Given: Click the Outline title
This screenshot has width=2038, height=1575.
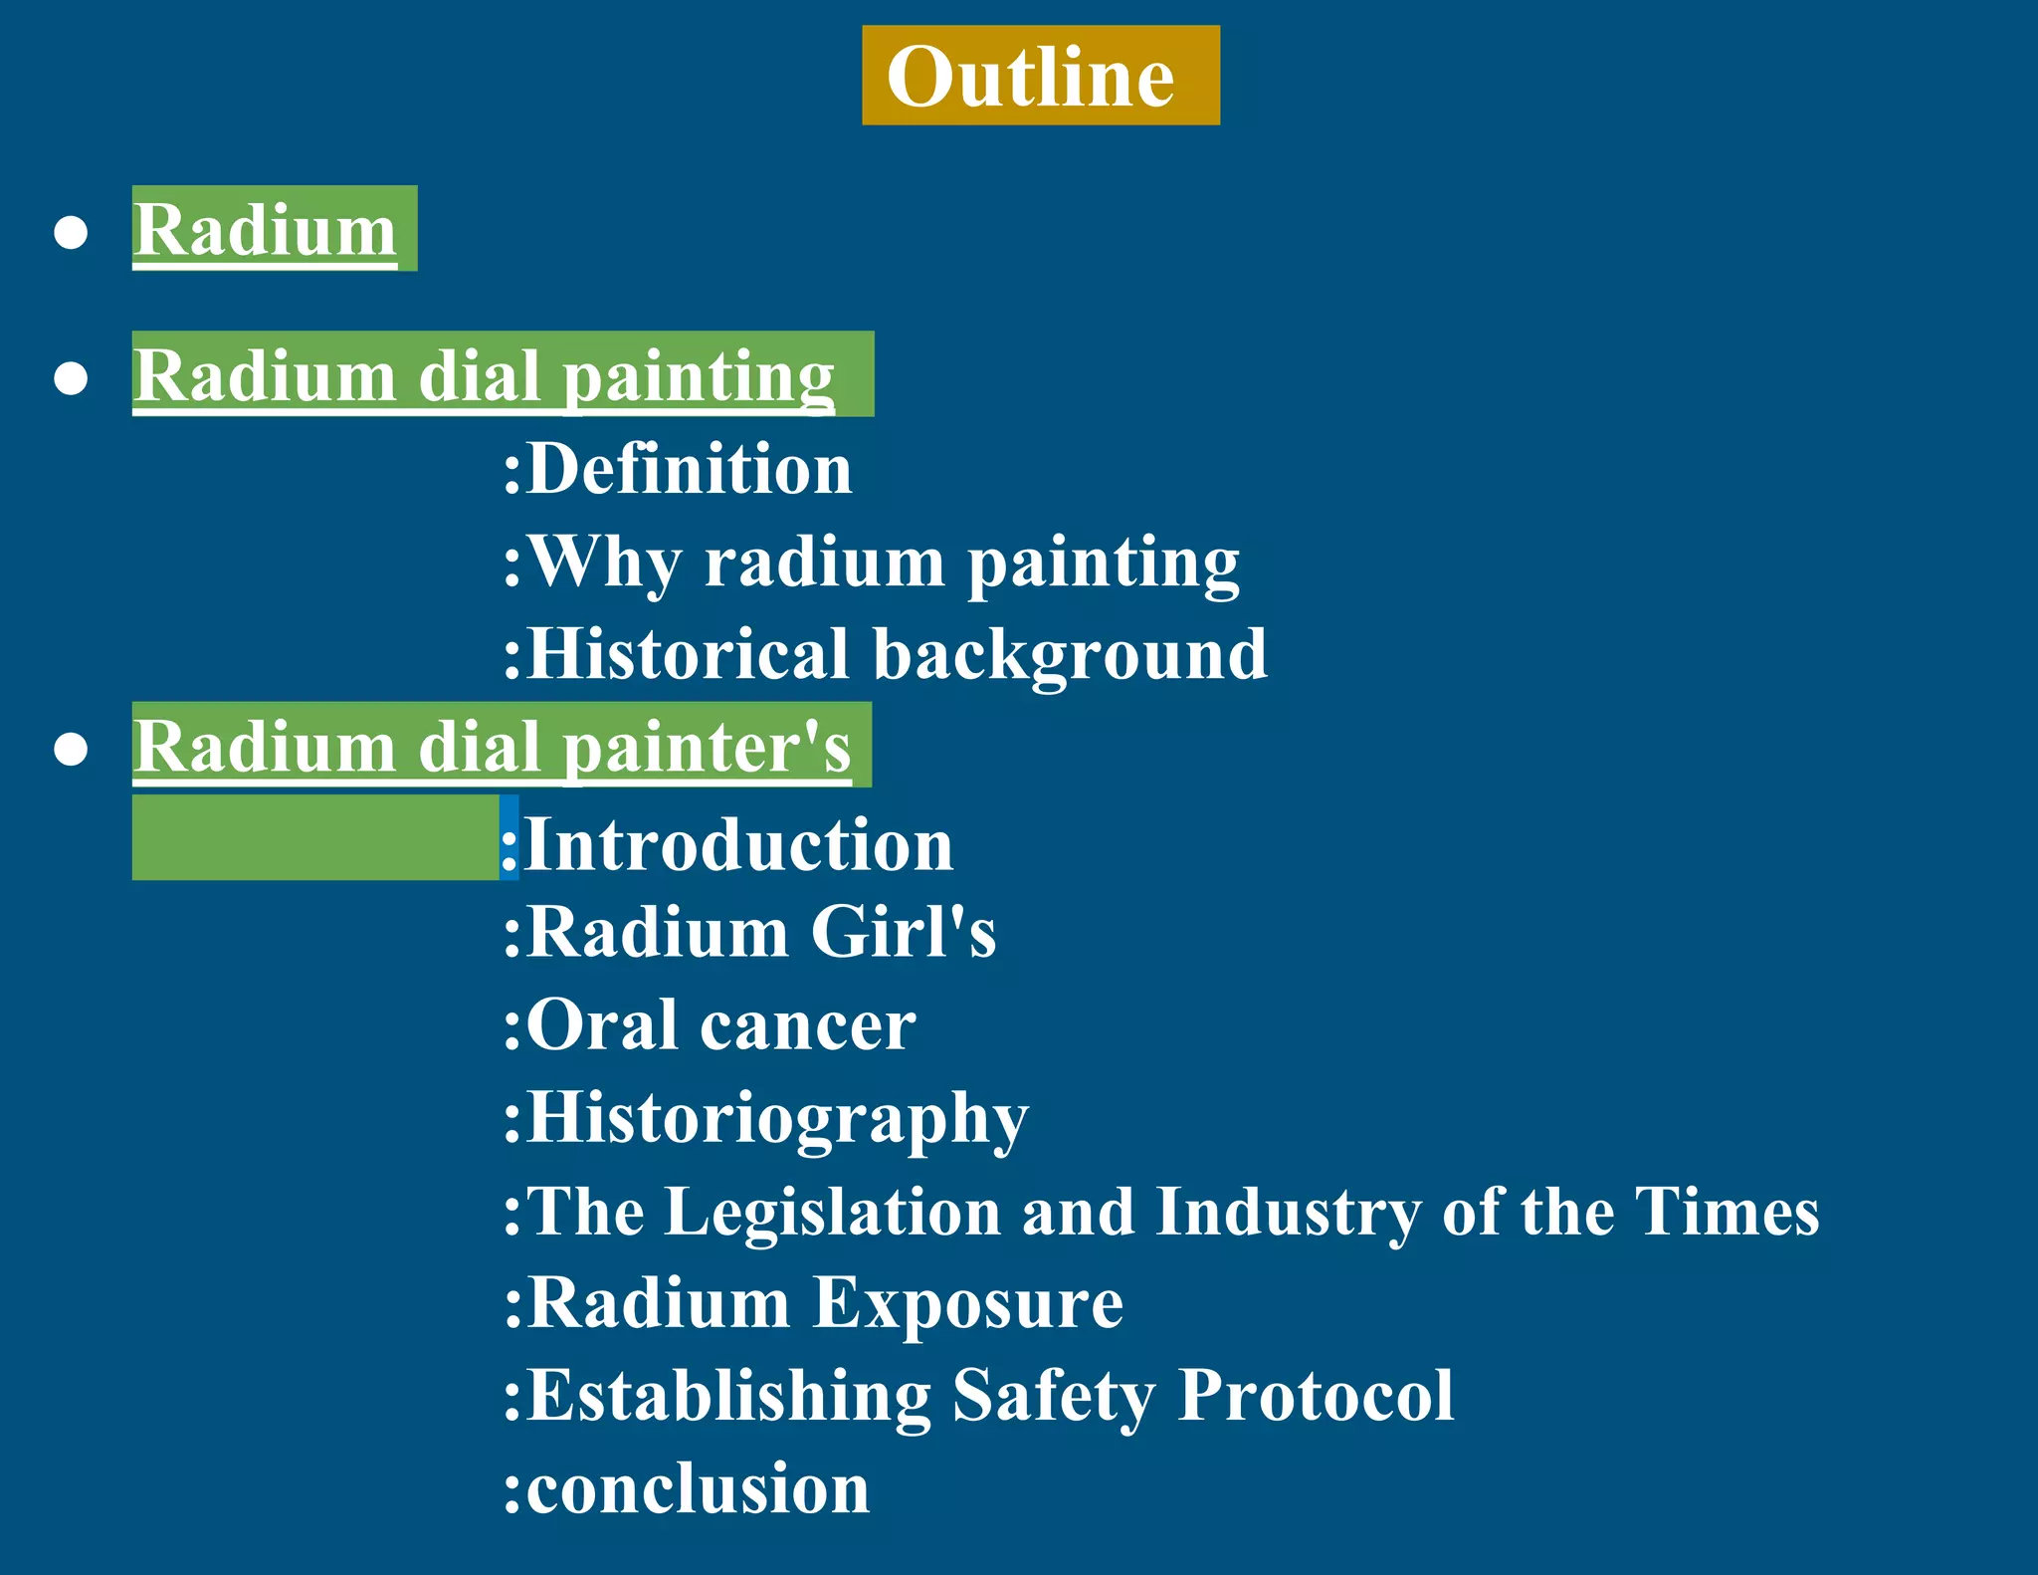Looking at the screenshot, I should click(1030, 77).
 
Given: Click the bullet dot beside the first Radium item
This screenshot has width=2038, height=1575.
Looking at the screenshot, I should click(71, 232).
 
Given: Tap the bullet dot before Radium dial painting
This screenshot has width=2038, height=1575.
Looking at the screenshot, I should click(71, 378).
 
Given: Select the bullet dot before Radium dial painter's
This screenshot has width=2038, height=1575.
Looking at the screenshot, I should click(71, 749).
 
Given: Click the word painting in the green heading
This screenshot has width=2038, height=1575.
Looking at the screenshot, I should click(699, 378).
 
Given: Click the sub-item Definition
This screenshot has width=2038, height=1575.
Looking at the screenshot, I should click(689, 469).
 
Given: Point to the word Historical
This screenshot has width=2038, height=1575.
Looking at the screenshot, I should click(688, 655).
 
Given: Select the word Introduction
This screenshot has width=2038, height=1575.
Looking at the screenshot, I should click(738, 844).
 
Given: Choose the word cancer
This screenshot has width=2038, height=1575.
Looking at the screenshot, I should click(807, 1026).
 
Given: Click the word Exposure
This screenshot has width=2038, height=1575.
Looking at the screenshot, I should click(967, 1304).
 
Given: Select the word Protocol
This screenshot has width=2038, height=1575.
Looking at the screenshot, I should click(1316, 1396).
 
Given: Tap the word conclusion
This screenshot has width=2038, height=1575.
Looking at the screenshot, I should click(698, 1489).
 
